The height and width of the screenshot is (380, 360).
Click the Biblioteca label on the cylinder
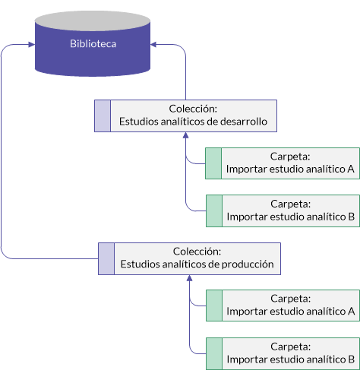93,43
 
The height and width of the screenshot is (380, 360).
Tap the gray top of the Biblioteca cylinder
93,21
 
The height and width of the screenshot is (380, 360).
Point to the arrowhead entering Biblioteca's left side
32,45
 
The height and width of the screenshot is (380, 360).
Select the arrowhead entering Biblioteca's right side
153,45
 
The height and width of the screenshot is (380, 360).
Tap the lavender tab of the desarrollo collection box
103,116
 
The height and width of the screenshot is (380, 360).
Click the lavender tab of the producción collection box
106,258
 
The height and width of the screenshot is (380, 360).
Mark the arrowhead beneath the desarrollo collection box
186,135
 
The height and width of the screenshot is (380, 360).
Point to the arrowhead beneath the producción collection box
189,278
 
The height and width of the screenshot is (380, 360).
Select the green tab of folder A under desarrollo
213,163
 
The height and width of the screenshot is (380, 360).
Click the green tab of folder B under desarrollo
214,211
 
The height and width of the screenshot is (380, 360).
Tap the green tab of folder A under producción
214,306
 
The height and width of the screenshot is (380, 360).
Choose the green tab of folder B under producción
214,353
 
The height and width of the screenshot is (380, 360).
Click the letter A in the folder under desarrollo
351,169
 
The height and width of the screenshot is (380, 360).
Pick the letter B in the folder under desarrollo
351,217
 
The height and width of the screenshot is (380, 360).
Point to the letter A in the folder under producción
351,311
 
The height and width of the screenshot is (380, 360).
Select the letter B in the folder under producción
351,359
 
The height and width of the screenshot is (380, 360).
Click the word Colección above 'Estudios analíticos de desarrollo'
193,109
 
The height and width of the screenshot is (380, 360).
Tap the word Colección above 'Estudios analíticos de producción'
197,252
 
